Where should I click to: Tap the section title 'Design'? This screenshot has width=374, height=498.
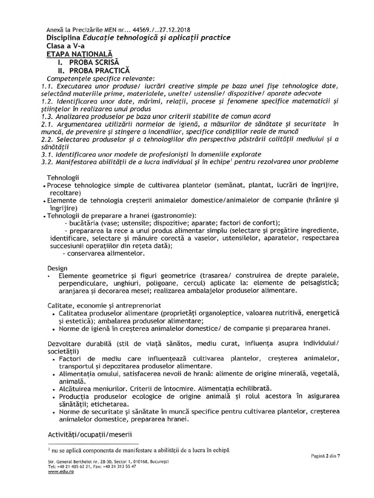click(57, 268)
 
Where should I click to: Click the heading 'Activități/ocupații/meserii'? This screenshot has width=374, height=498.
click(90, 433)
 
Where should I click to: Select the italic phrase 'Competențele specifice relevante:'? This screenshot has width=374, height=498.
click(100, 78)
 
